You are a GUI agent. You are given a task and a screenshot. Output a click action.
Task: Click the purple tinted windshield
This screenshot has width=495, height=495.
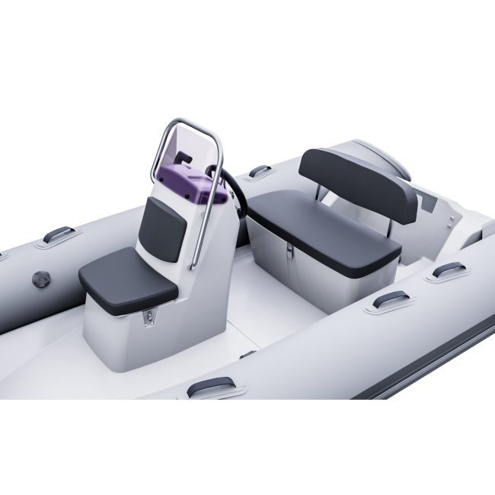(190, 160)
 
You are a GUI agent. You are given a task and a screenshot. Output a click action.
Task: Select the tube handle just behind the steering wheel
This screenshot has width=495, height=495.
(258, 171)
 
